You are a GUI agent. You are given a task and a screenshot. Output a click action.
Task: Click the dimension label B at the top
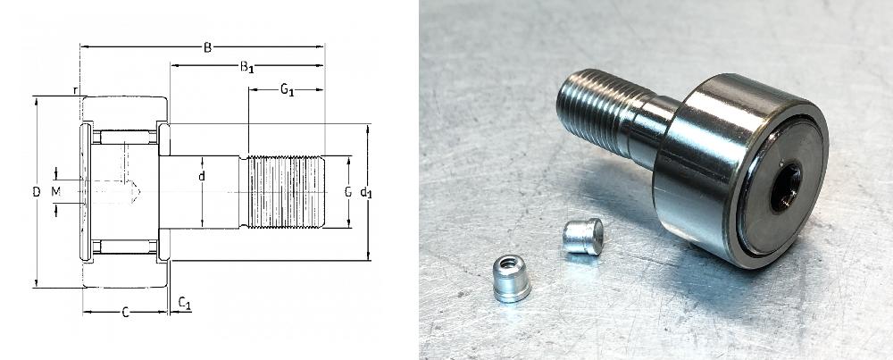click(207, 47)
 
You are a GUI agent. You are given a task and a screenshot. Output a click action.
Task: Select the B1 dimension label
click(246, 67)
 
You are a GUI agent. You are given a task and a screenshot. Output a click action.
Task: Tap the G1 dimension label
click(287, 89)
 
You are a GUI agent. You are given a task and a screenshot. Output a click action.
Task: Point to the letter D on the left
click(37, 193)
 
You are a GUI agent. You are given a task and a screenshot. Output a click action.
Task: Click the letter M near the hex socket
click(55, 192)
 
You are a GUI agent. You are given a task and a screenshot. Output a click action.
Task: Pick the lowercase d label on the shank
click(202, 177)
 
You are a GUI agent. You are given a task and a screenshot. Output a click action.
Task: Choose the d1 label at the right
click(365, 193)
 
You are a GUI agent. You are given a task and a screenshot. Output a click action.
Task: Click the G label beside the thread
click(348, 193)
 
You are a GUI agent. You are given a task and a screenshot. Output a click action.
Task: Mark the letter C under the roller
click(126, 312)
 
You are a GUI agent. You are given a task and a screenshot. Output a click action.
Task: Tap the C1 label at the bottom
click(185, 303)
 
